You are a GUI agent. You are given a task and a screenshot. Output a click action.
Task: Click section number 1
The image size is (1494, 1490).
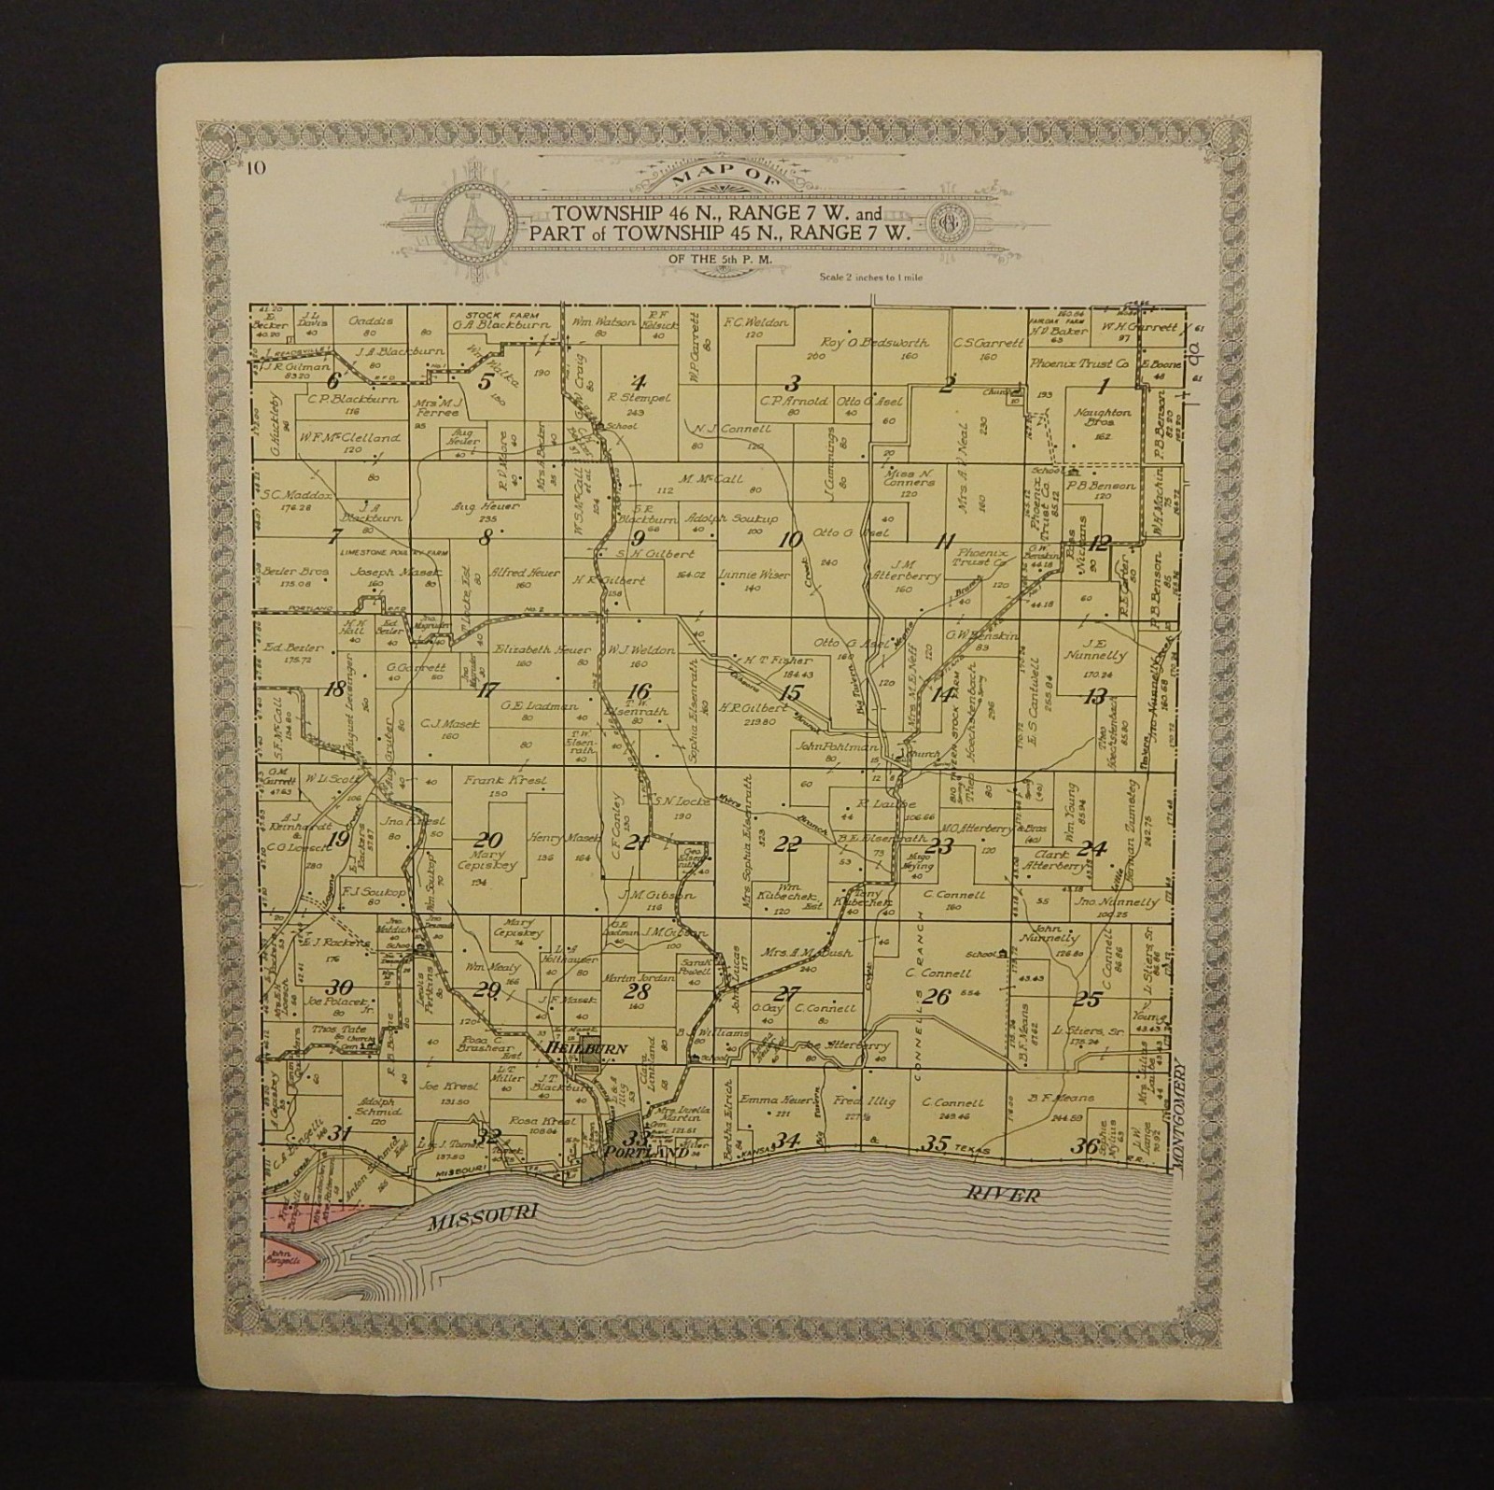click(x=1103, y=385)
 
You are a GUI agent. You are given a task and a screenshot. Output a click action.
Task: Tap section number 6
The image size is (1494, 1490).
click(x=331, y=380)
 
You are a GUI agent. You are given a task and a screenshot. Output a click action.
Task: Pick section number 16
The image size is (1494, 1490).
click(x=639, y=691)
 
